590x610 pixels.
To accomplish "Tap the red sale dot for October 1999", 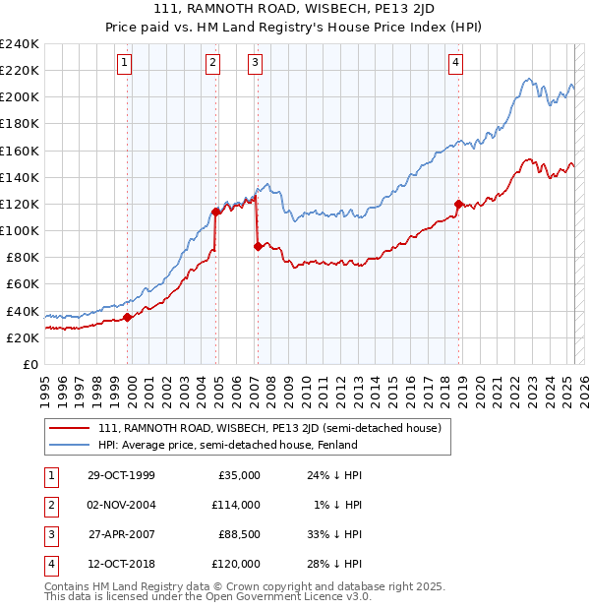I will coord(128,317).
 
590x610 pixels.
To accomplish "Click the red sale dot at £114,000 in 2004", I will coord(215,212).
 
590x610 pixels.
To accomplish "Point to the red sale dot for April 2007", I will coord(258,246).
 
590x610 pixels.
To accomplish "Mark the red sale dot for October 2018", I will coord(458,204).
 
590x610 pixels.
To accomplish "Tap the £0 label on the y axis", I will coord(30,364).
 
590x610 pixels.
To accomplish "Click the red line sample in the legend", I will coord(69,428).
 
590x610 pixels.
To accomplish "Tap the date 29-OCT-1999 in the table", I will coord(121,475).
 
